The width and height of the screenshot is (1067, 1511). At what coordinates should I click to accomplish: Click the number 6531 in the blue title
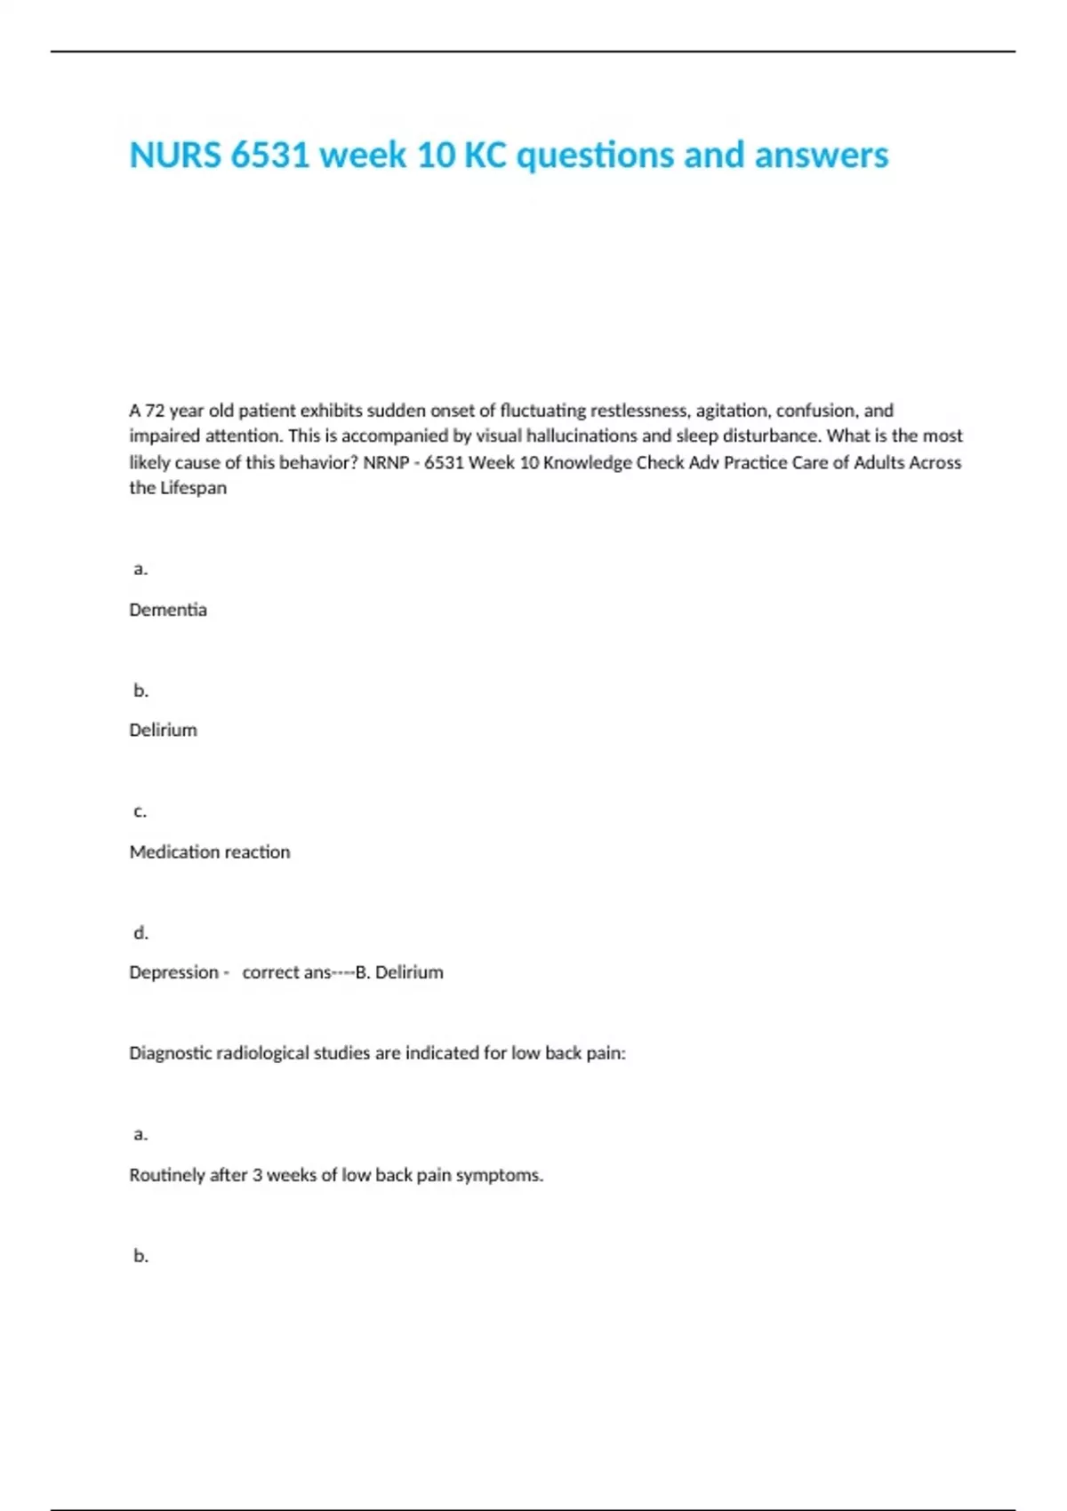click(269, 156)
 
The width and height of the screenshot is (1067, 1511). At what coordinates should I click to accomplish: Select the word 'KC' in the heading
click(485, 156)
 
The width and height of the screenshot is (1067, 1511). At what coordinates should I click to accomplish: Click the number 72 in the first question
click(156, 411)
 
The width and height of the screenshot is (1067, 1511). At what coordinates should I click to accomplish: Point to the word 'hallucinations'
click(582, 436)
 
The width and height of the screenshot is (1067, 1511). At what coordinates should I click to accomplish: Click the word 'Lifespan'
click(193, 488)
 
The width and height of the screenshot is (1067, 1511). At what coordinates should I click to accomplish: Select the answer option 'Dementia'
click(168, 610)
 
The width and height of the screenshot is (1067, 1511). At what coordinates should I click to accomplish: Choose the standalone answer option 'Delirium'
click(163, 730)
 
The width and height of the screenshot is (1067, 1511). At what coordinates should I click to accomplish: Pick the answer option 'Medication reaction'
click(210, 851)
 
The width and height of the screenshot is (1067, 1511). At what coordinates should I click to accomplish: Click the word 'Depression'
click(173, 972)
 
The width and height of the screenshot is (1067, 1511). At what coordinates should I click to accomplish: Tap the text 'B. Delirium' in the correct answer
click(399, 972)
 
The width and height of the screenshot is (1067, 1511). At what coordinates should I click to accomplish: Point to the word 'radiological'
click(262, 1053)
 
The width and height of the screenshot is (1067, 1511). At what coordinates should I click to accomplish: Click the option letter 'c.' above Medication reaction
click(140, 811)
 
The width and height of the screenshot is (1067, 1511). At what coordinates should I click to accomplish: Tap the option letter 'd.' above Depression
click(140, 932)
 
